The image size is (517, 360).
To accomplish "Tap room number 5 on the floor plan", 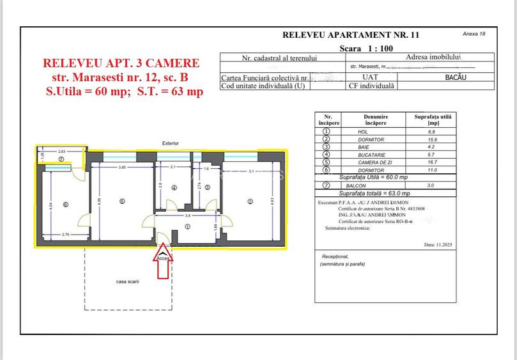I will pyautogui.click(x=121, y=201).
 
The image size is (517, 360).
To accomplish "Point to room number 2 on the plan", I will pyautogui.click(x=250, y=201).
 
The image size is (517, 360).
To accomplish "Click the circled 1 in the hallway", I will pyautogui.click(x=187, y=225).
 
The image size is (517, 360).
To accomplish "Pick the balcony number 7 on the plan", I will pyautogui.click(x=61, y=159).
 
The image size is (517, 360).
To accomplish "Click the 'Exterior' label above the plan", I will pyautogui.click(x=171, y=143).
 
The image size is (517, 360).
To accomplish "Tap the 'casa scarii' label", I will pyautogui.click(x=127, y=281).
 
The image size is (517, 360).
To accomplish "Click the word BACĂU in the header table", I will pyautogui.click(x=456, y=77).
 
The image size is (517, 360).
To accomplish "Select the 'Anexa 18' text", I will pyautogui.click(x=474, y=33).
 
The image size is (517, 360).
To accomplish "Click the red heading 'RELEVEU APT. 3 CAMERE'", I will pyautogui.click(x=121, y=63).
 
